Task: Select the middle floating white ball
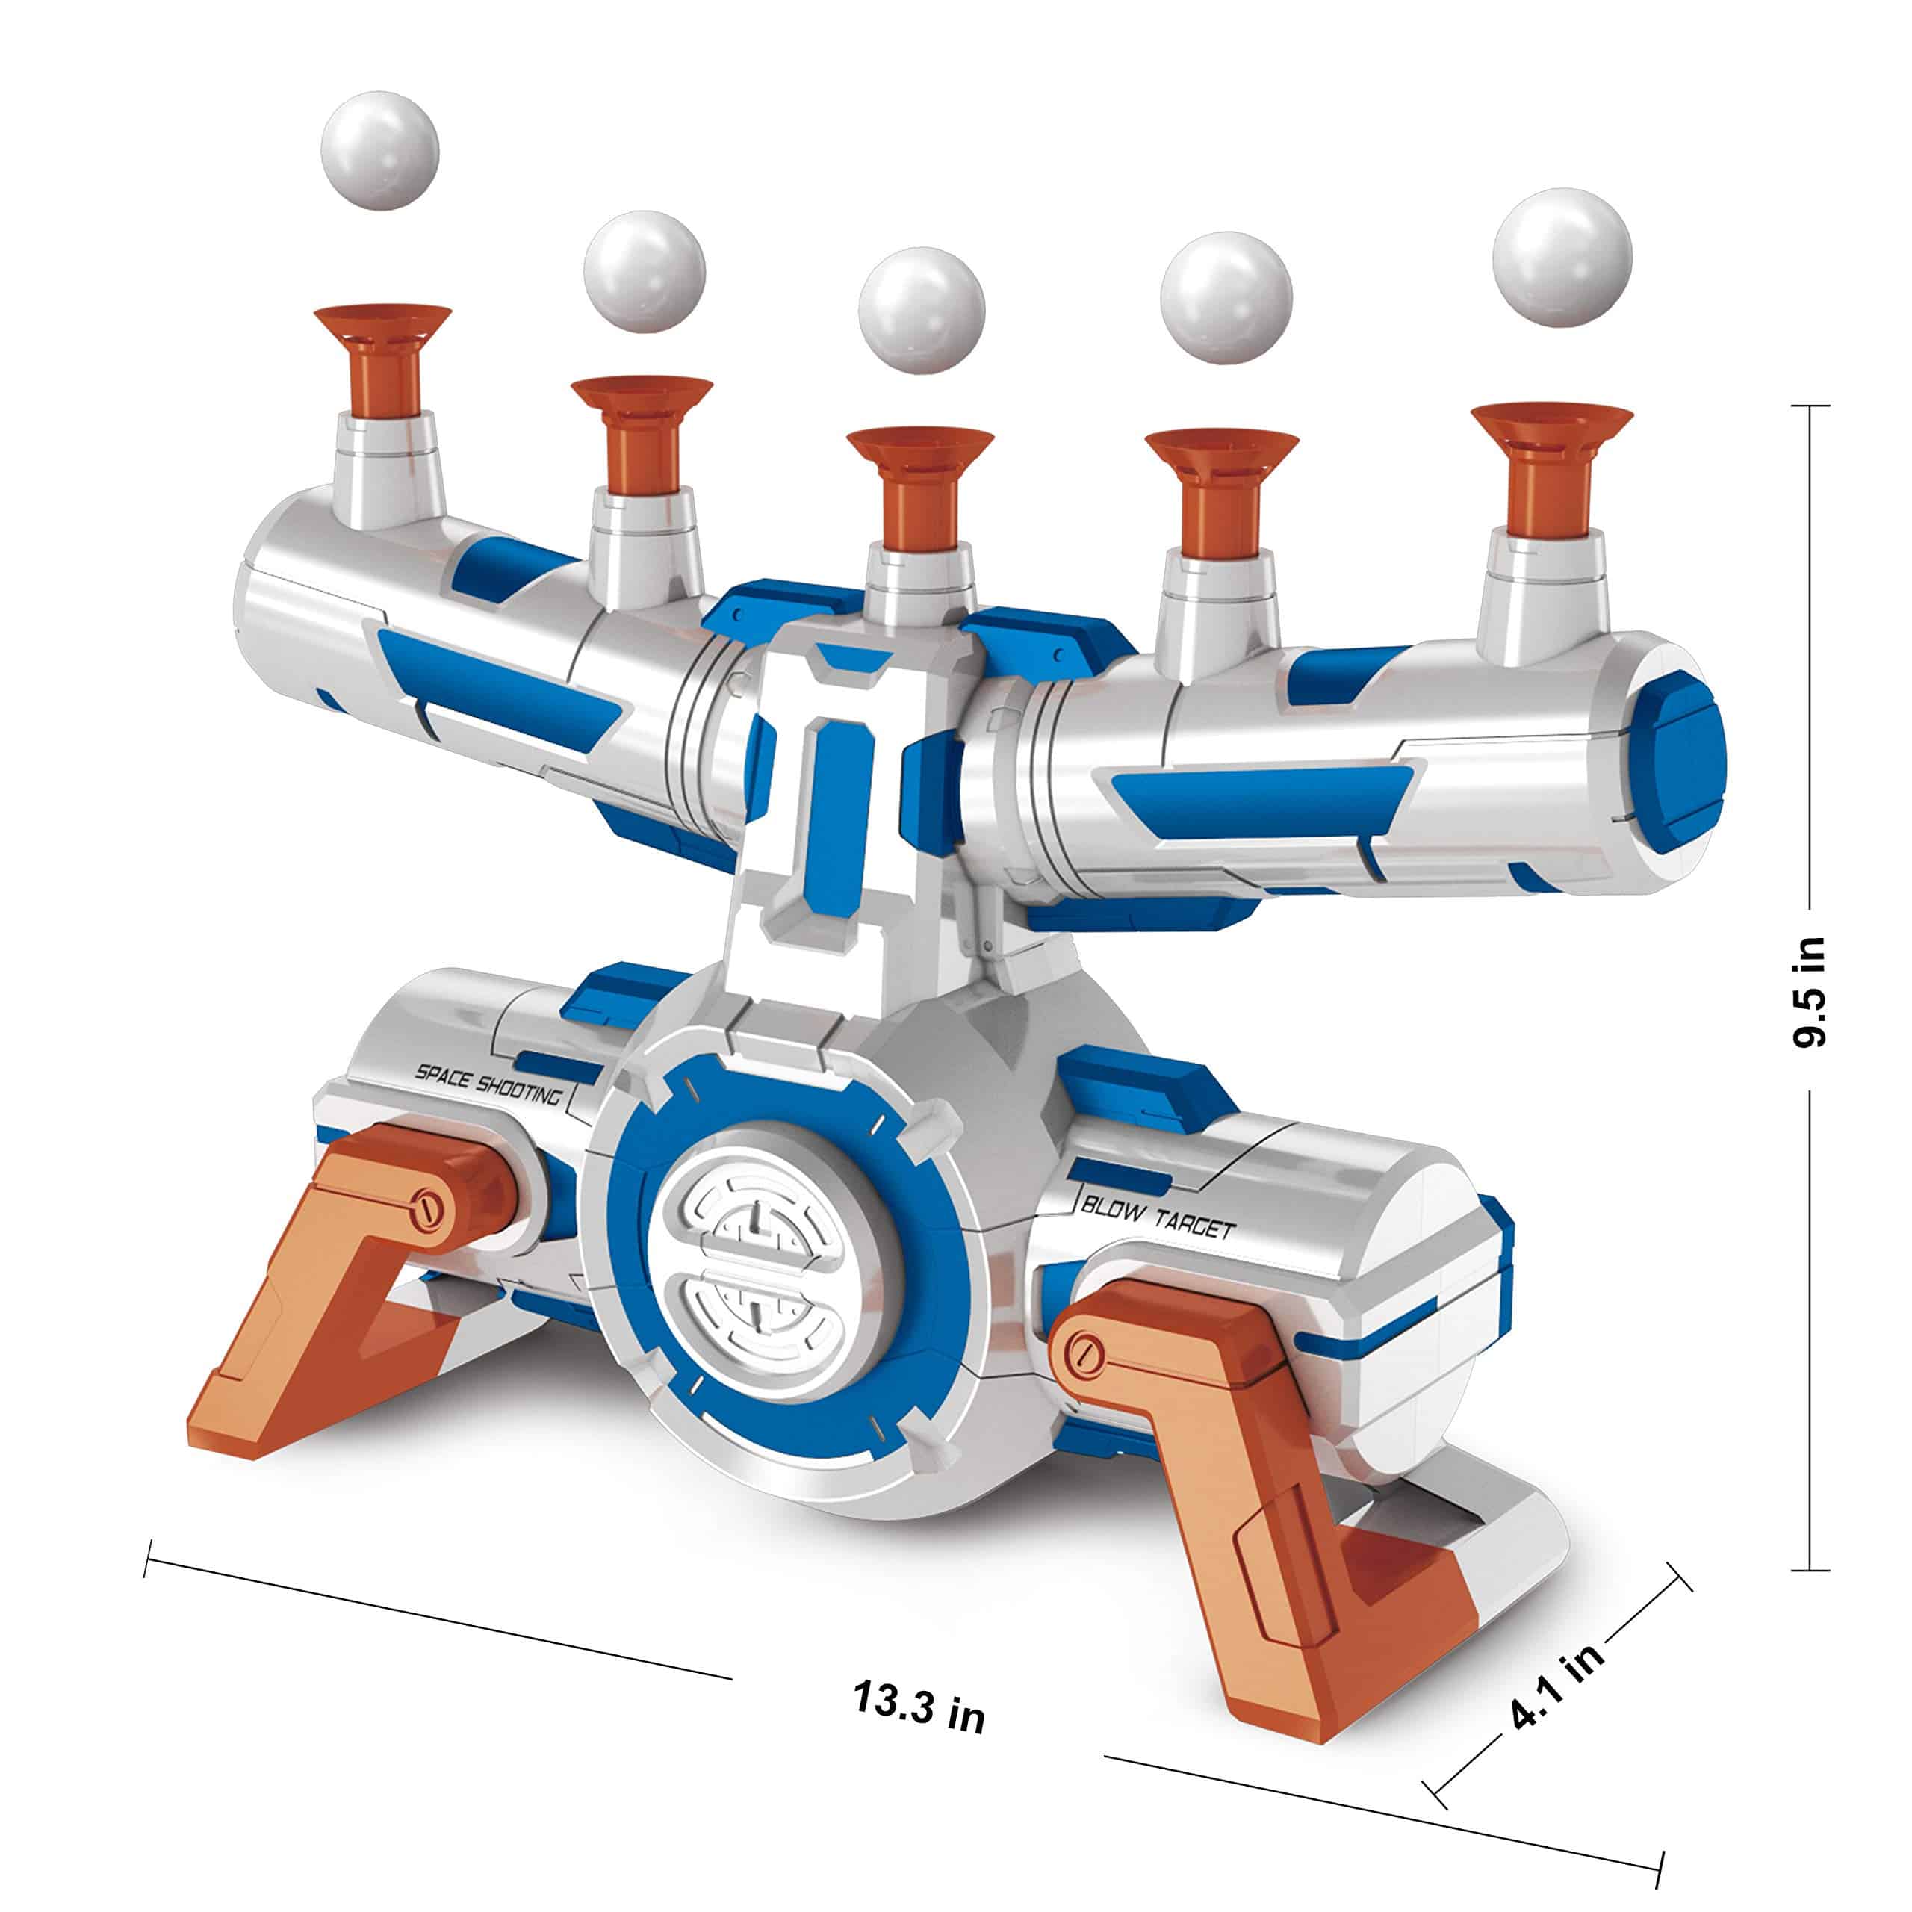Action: (x=922, y=310)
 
